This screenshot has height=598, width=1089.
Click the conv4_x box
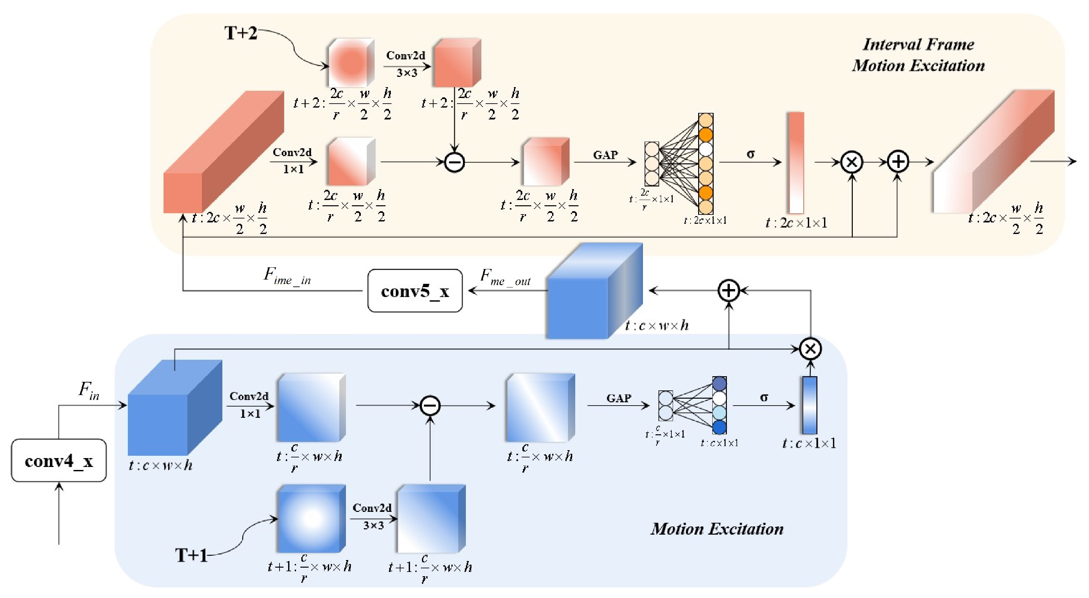(x=59, y=460)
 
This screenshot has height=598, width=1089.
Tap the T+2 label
(x=241, y=33)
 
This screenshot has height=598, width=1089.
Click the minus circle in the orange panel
(x=454, y=162)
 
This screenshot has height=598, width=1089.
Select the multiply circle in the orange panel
(x=852, y=162)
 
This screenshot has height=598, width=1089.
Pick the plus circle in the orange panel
(x=897, y=162)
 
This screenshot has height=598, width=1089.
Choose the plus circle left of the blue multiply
(x=729, y=290)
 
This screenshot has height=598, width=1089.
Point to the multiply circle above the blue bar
(x=810, y=349)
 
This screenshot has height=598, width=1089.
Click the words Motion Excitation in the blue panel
(x=717, y=529)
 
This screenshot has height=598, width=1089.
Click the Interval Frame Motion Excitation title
(x=918, y=55)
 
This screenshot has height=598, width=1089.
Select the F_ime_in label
(x=287, y=276)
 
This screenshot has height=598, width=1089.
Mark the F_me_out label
(x=505, y=278)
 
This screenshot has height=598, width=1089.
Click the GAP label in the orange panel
(x=605, y=155)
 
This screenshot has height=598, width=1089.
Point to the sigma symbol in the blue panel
(x=764, y=397)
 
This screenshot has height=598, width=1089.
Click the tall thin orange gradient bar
(x=796, y=163)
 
